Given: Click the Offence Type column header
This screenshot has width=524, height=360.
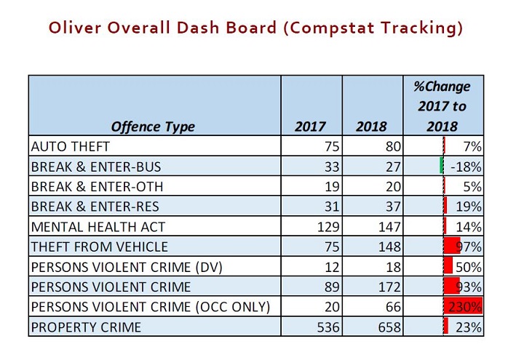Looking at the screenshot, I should point(153,127).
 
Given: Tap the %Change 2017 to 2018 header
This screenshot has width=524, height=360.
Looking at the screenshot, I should point(442,106).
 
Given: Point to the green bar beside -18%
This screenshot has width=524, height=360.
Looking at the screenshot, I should point(442,166).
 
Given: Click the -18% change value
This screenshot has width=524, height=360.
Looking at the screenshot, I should point(467,166).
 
